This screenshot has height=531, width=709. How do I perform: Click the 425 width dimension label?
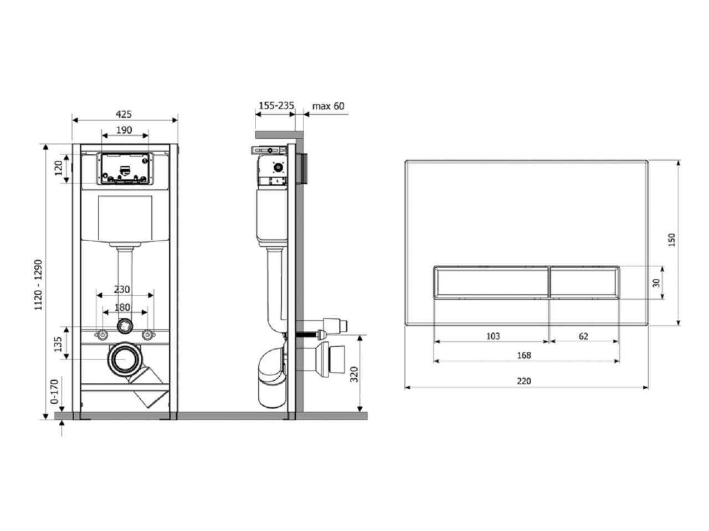coord(124,114)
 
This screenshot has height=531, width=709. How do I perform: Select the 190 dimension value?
coord(124,130)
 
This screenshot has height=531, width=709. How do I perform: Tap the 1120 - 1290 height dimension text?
coord(38,285)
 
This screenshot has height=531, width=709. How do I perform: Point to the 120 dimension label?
coord(59,168)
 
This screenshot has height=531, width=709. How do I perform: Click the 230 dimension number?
coord(122,289)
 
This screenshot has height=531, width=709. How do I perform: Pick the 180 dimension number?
coord(122,307)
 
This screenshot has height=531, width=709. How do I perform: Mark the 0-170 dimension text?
coord(54,392)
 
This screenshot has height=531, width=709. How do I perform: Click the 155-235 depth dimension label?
coord(276,106)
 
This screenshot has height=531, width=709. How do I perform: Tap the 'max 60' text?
coord(328,106)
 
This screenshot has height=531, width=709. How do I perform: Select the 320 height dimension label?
coord(354,374)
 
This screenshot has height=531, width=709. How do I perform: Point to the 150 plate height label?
coord(671,240)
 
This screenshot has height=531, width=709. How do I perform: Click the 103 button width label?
coord(493,336)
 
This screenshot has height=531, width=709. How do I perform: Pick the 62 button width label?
coord(583,336)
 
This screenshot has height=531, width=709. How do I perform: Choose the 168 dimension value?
coord(523,355)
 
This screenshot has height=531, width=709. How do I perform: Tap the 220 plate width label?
coord(523,381)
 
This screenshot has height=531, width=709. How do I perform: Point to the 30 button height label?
coord(656,283)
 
